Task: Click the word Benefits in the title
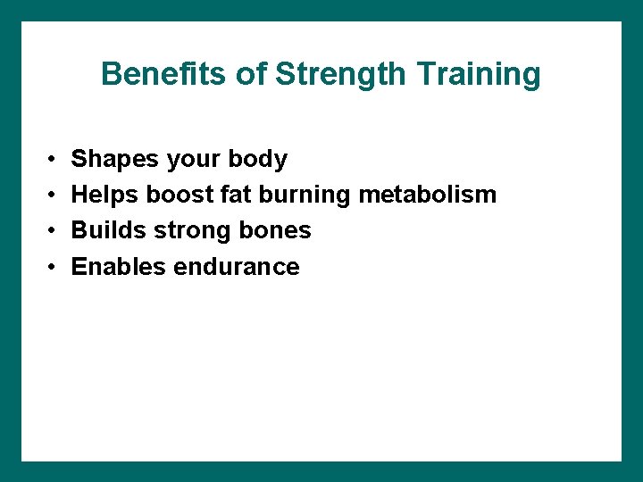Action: (164, 74)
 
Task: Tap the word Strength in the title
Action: (339, 74)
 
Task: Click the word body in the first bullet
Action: (258, 160)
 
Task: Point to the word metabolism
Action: (427, 195)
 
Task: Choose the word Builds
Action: (109, 230)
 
